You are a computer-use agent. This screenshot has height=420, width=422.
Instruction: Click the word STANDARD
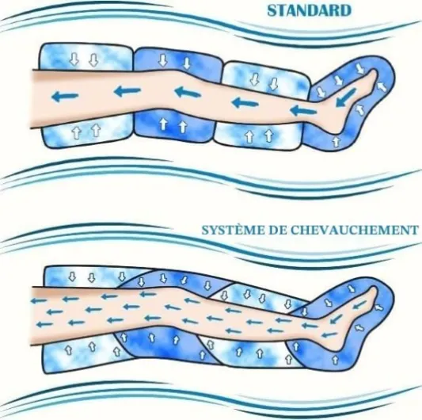pyautogui.click(x=310, y=11)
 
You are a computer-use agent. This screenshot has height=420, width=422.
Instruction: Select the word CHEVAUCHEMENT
pyautogui.click(x=354, y=231)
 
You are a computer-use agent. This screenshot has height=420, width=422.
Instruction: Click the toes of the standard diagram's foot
pyautogui.click(x=373, y=74)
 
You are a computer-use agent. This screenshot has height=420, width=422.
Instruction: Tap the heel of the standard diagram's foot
pyautogui.click(x=340, y=128)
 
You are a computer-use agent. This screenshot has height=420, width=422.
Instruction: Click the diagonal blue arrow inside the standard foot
pyautogui.click(x=346, y=97)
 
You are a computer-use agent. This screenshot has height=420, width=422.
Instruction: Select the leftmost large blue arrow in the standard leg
pyautogui.click(x=65, y=96)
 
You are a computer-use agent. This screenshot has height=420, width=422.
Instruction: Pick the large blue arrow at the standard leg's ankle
pyautogui.click(x=303, y=110)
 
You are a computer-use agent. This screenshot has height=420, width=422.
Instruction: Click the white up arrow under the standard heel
pyautogui.click(x=336, y=141)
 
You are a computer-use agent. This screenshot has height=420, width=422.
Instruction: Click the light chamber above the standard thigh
pyautogui.click(x=86, y=57)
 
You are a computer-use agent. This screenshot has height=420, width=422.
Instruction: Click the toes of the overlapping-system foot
pyautogui.click(x=373, y=292)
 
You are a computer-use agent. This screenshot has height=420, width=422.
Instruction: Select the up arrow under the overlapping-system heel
pyautogui.click(x=335, y=360)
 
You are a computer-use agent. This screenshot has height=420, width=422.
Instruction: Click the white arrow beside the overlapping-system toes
pyautogui.click(x=379, y=307)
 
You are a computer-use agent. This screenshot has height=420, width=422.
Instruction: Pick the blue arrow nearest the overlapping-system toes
pyautogui.click(x=360, y=304)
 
